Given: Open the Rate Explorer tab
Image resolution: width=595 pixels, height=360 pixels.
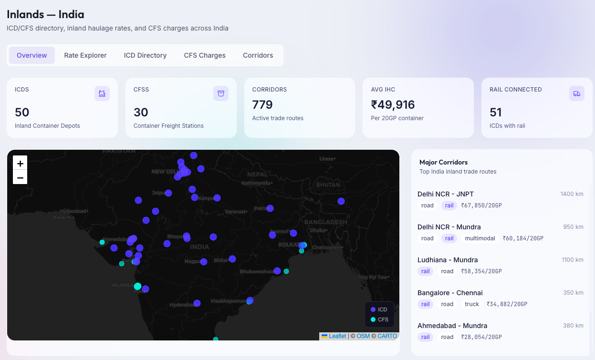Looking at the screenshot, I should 85,55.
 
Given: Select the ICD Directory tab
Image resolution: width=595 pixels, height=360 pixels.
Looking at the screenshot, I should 145,55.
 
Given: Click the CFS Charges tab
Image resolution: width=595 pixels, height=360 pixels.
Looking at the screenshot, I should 205,55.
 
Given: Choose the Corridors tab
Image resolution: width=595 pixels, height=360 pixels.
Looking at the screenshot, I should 258,55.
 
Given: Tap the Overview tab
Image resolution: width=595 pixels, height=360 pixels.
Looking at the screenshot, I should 32,55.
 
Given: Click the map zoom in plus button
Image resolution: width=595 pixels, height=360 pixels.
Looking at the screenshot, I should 20,163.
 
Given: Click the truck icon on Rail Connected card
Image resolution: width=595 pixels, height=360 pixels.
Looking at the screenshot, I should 576,93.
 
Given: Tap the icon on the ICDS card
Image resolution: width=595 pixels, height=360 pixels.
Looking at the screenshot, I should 102,93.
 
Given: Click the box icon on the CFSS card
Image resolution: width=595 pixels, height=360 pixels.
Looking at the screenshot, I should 220,93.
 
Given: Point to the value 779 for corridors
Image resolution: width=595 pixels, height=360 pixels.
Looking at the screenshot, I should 262,104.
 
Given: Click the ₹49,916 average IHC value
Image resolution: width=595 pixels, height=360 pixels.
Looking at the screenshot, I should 393,104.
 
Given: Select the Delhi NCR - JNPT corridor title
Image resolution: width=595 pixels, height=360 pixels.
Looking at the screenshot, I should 445,194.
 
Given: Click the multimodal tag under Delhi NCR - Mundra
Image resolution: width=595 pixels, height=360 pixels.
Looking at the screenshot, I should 480,238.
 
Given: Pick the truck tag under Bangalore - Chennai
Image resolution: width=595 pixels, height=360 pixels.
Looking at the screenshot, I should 472,304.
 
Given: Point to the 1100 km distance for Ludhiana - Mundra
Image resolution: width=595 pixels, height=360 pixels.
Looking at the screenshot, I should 573,260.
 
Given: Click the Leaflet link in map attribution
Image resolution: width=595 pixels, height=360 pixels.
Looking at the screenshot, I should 337,336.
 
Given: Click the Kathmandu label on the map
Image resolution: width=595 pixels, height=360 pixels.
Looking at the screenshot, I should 256,183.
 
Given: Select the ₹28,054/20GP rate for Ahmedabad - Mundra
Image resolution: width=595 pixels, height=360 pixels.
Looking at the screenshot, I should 481,337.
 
